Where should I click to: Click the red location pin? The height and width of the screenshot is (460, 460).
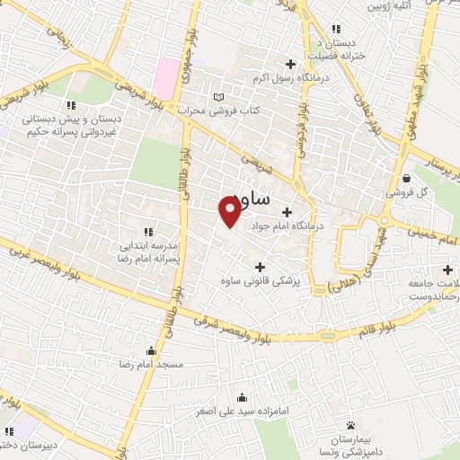click(230, 210)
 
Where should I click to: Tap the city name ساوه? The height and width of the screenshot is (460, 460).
click(246, 196)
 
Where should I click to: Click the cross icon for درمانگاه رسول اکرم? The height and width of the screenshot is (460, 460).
click(289, 64)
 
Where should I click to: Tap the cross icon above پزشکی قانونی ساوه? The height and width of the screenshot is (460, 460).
click(261, 266)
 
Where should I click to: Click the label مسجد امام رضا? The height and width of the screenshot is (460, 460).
click(159, 364)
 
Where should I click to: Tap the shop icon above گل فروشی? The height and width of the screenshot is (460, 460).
click(408, 177)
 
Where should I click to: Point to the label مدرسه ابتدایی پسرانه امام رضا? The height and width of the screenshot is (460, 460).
click(148, 250)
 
